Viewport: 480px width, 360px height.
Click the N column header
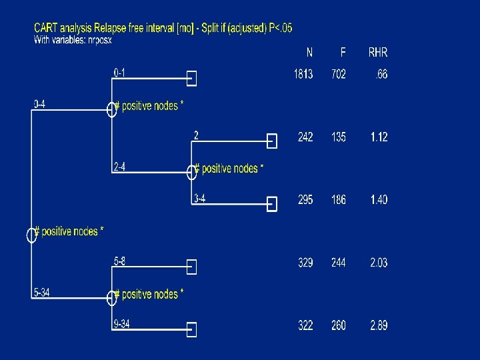[x=309, y=53]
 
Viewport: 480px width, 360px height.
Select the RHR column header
[x=377, y=53]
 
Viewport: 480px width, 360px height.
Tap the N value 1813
[x=303, y=75]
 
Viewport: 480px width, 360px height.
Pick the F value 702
[x=339, y=75]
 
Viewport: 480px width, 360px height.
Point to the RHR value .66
[x=380, y=75]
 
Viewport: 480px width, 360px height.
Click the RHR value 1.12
[x=379, y=137]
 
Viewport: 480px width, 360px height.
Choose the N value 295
[x=305, y=200]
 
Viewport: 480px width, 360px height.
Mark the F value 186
[x=339, y=200]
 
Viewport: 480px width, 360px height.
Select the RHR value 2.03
[x=379, y=263]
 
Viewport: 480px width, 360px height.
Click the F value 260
[x=339, y=325]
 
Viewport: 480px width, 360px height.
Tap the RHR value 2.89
[x=379, y=325]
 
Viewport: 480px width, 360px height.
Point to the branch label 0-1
[x=119, y=72]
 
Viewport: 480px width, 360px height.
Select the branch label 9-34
[x=121, y=325]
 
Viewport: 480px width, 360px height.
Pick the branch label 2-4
[x=119, y=167]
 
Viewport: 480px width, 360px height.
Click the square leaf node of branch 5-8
[x=192, y=267]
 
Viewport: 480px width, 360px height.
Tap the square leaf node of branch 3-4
[x=271, y=205]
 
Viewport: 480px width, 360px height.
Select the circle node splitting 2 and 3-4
[x=192, y=172]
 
